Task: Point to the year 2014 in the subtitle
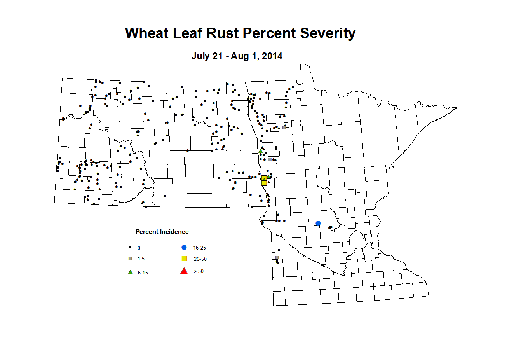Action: pos(272,56)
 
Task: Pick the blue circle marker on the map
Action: pos(318,223)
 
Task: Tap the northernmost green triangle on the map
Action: pos(260,151)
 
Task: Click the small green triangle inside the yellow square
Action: pos(264,179)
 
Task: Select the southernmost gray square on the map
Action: pos(277,257)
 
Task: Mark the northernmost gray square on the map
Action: pos(284,127)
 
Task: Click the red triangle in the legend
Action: pos(184,271)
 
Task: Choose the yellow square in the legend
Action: pos(185,259)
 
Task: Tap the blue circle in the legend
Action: pos(184,248)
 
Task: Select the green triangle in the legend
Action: pos(131,272)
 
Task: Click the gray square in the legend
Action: pos(131,259)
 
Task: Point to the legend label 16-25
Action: pos(199,248)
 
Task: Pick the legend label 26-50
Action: pos(200,259)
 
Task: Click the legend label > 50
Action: pos(199,271)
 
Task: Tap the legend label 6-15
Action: pos(143,273)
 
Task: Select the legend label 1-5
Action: pos(141,259)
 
